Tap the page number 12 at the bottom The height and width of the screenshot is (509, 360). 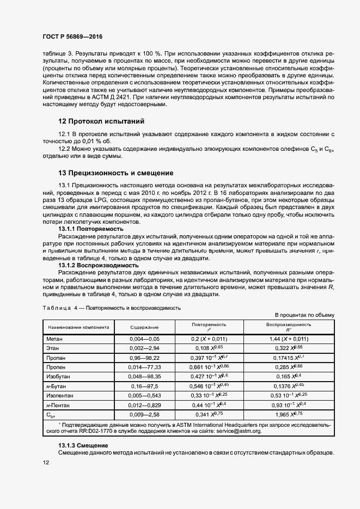(x=46, y=462)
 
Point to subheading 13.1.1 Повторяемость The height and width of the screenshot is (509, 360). (x=91, y=229)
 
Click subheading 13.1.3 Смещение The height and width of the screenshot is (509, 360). (x=83, y=446)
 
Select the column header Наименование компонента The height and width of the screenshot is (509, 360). (x=78, y=327)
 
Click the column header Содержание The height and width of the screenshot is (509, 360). (x=144, y=327)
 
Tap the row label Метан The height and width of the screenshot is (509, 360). (x=56, y=339)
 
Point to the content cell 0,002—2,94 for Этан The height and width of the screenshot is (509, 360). (x=144, y=348)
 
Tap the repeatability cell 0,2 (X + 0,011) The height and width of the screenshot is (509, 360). (x=209, y=339)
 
